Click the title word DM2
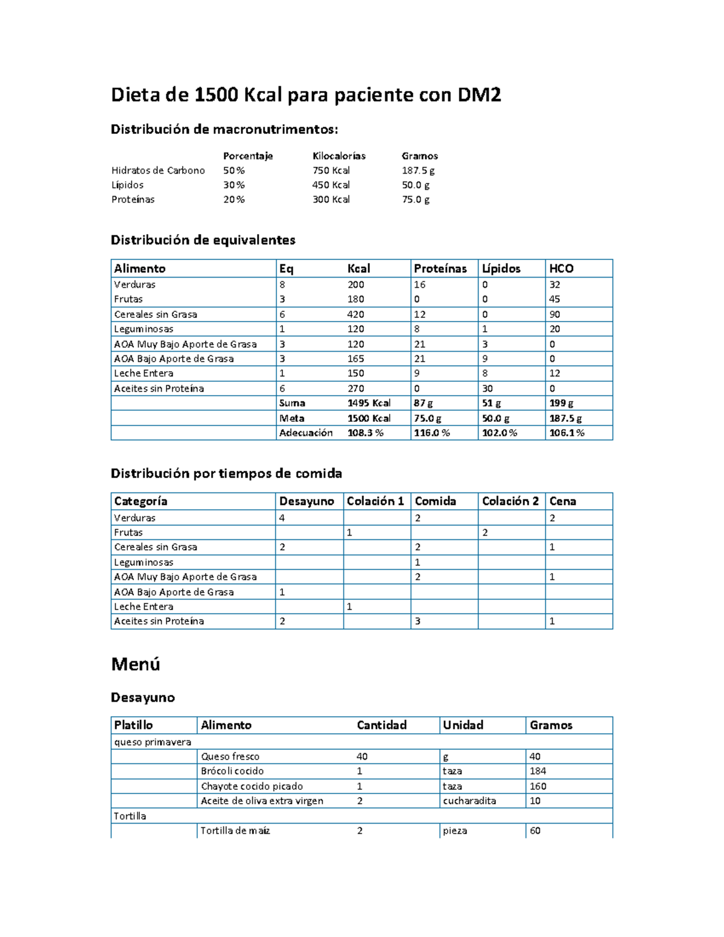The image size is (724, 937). [x=479, y=95]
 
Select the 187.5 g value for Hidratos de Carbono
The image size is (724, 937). [x=418, y=171]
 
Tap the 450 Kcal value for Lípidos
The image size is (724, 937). [x=331, y=185]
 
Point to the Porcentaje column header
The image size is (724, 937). [x=248, y=156]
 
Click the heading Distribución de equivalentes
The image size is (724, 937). [x=203, y=240]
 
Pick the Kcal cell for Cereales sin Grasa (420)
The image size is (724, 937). [x=355, y=314]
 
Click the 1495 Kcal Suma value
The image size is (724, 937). [x=369, y=403]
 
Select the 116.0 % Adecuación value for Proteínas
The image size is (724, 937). [x=431, y=433]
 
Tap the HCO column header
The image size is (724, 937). [x=560, y=268]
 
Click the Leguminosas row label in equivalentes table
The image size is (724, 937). [x=144, y=329]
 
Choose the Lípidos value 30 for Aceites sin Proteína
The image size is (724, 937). [x=487, y=389]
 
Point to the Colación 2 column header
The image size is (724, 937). [x=510, y=501]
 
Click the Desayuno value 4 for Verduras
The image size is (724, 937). [x=282, y=518]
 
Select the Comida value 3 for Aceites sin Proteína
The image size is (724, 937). [x=418, y=621]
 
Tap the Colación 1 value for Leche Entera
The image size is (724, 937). [x=349, y=606]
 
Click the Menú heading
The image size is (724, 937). [x=136, y=664]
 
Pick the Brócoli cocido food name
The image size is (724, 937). [x=232, y=771]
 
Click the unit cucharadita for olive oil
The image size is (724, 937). [x=469, y=801]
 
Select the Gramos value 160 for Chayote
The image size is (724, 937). [x=538, y=786]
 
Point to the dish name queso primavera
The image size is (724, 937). [x=153, y=742]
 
